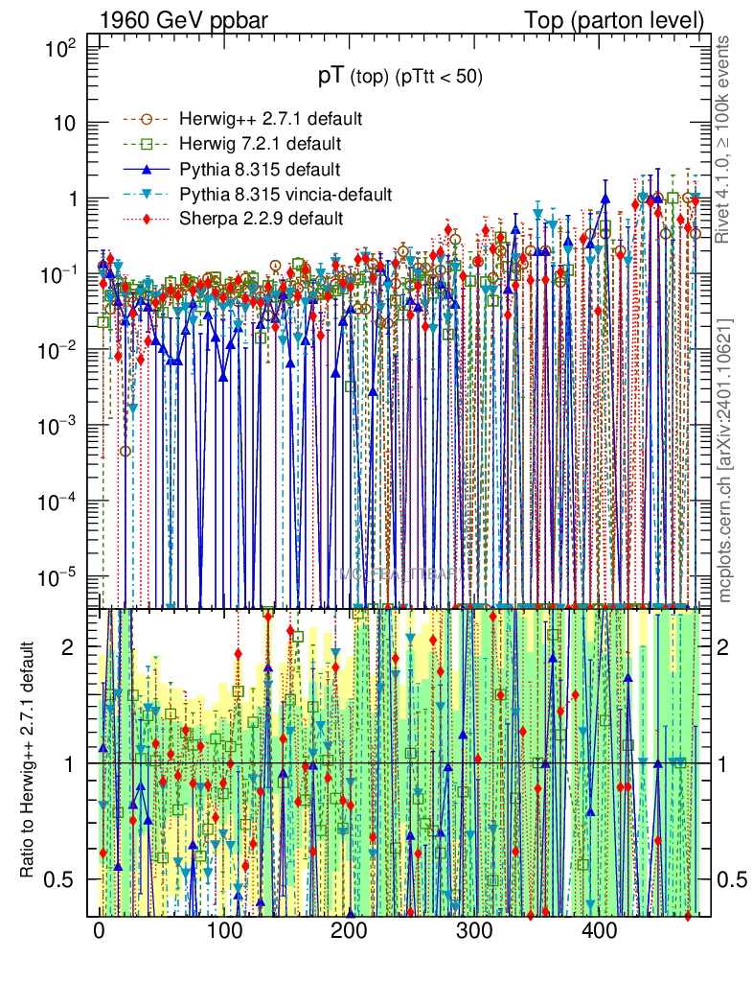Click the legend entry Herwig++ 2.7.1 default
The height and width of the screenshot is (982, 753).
(x=269, y=120)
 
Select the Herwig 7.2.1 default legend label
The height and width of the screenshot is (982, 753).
(x=260, y=145)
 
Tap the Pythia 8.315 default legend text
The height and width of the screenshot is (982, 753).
(x=260, y=170)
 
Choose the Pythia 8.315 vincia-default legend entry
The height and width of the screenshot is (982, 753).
(x=285, y=195)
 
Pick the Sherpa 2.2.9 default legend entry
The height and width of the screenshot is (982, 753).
(x=261, y=219)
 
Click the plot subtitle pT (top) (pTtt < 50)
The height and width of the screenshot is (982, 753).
(x=400, y=78)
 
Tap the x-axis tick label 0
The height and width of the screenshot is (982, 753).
(x=100, y=931)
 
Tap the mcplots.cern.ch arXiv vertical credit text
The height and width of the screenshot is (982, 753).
(x=725, y=460)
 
